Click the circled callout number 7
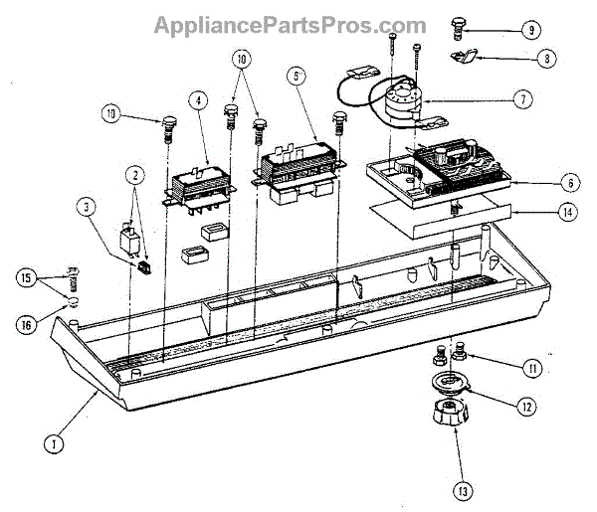coord(523,100)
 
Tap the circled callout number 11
coord(532,369)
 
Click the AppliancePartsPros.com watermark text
coord(290,25)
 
